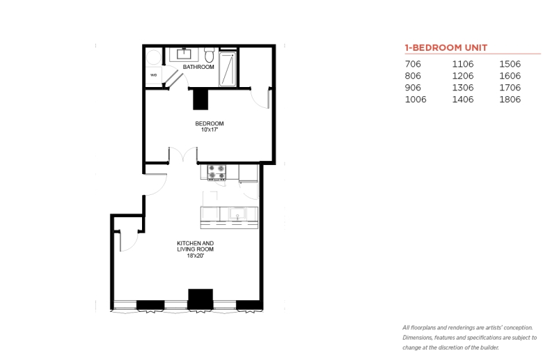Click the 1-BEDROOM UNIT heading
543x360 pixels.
coord(446,47)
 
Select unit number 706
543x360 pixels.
coord(413,64)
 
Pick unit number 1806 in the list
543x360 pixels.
coord(510,100)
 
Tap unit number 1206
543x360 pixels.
coord(463,76)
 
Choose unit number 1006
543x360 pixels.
coord(416,100)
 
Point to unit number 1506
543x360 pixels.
coord(510,64)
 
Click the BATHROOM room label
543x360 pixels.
coord(198,67)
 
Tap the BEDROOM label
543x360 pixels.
coord(209,123)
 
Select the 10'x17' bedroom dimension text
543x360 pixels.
coord(210,130)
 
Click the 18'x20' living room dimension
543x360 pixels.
coord(196,256)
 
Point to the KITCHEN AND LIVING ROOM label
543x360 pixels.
coord(196,246)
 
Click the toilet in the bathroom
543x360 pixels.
coord(209,55)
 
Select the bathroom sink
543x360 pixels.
coord(184,54)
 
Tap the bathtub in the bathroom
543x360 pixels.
coord(228,69)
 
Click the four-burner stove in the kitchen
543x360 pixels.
coord(217,172)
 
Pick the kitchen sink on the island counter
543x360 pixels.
coord(237,214)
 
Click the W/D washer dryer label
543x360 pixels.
coord(153,75)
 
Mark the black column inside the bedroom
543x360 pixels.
coord(200,99)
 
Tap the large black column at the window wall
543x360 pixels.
coord(200,299)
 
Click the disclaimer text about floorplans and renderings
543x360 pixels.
coord(469,338)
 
